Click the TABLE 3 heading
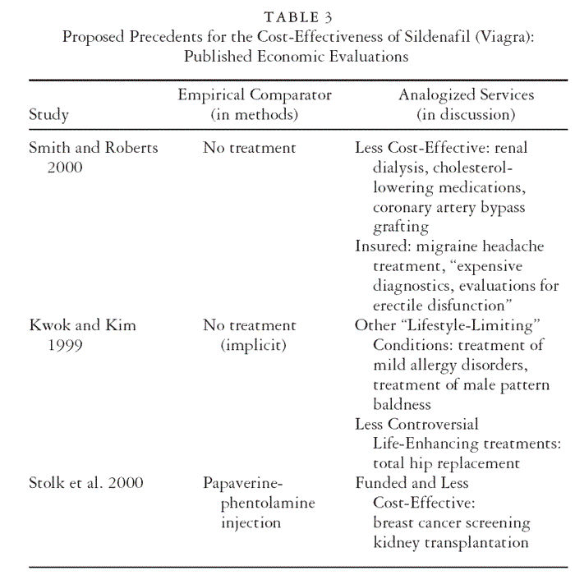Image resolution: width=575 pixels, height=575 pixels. tap(298, 18)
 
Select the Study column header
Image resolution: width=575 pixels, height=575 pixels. tap(49, 114)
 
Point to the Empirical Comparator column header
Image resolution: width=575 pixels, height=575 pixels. tap(255, 95)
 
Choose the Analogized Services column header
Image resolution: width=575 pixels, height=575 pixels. tap(466, 95)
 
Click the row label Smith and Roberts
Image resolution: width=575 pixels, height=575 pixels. tap(93, 148)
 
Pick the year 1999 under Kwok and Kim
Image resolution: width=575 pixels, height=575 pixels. tap(64, 345)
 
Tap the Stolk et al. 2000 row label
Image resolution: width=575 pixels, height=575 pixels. tap(86, 483)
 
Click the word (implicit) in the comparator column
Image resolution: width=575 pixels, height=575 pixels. tap(254, 345)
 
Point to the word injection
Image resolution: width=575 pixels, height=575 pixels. tap(251, 522)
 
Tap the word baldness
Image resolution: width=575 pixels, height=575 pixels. tap(402, 404)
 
